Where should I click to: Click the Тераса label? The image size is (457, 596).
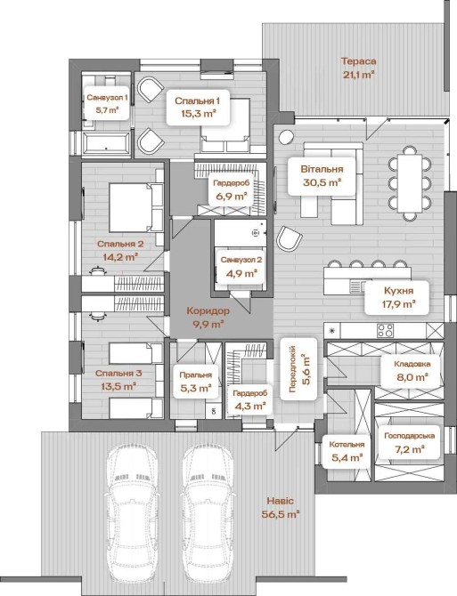point(359,61)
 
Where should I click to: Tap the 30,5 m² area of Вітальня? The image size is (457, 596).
point(322,182)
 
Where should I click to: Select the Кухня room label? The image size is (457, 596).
point(398,291)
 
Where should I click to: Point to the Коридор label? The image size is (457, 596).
point(208,311)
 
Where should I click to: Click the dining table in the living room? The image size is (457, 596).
point(410,183)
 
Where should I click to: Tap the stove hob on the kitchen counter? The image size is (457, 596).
point(386,330)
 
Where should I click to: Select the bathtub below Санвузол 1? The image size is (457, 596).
point(106,144)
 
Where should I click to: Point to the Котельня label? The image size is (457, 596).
point(347,445)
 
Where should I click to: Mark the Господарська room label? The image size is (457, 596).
point(409,436)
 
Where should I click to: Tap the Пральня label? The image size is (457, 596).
point(196,375)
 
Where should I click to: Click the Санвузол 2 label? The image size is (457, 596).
point(241,260)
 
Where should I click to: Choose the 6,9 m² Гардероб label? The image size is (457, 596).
point(232,190)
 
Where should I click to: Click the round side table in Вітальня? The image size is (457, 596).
point(286,137)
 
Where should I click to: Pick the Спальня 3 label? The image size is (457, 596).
point(118,374)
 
